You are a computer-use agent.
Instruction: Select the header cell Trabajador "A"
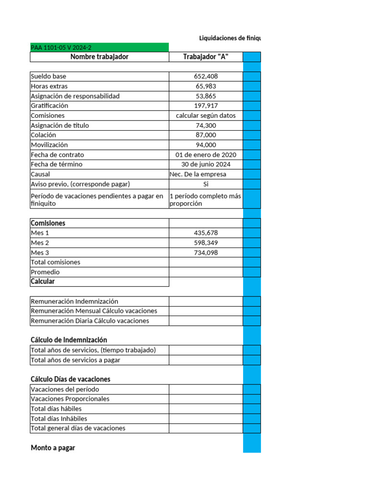206,57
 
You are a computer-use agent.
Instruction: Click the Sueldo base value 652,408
206,76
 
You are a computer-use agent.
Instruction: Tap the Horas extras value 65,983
206,86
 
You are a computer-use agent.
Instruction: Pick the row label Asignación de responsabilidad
75,96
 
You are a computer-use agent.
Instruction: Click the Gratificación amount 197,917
206,106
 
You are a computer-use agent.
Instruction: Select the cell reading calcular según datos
206,116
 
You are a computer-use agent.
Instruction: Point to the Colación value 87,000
206,135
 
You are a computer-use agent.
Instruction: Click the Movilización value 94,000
206,145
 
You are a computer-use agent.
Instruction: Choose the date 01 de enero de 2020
206,155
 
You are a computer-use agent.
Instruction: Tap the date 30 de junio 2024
206,164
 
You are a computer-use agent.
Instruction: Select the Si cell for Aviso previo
206,184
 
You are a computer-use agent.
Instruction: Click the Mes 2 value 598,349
206,243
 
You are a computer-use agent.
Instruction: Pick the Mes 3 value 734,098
206,253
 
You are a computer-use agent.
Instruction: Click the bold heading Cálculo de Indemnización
69,340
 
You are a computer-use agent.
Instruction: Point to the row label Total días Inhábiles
59,418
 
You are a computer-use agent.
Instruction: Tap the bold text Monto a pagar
53,448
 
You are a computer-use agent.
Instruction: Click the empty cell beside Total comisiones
206,262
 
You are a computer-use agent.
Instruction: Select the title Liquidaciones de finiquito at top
230,38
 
